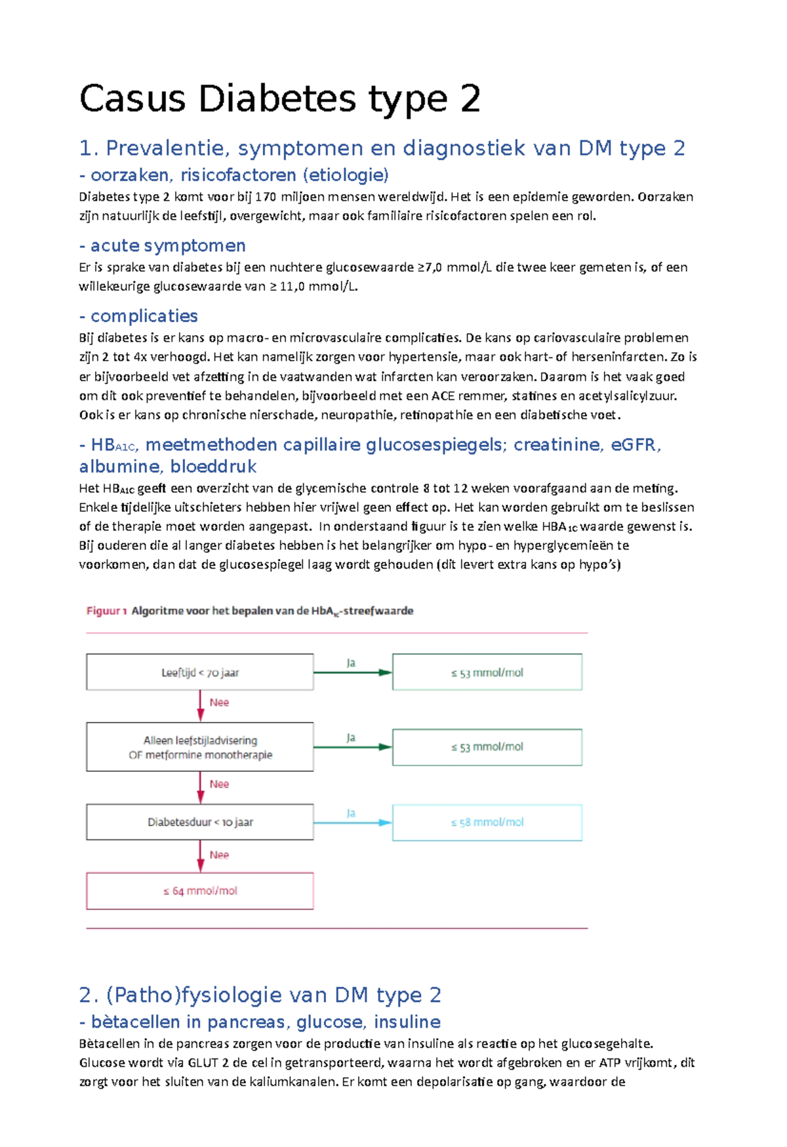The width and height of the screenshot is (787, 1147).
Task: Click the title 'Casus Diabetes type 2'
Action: [x=280, y=99]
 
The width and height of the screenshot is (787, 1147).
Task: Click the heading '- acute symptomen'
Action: [x=162, y=245]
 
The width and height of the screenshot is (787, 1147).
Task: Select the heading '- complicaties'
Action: [x=138, y=316]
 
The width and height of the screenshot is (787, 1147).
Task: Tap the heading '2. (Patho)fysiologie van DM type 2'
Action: [x=260, y=995]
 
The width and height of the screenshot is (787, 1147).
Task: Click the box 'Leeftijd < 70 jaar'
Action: [x=200, y=672]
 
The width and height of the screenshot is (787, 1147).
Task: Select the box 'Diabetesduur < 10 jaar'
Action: [x=200, y=822]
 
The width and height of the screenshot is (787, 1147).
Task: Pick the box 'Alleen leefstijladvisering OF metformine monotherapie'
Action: [x=200, y=747]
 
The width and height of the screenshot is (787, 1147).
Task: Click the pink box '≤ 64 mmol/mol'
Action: [x=200, y=891]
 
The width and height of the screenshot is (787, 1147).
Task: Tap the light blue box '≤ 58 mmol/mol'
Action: [x=487, y=822]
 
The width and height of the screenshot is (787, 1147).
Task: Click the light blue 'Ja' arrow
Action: [x=352, y=822]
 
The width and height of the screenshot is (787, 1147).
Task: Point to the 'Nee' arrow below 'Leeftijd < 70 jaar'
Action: [x=201, y=705]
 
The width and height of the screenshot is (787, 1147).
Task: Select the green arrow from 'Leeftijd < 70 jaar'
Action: [x=352, y=672]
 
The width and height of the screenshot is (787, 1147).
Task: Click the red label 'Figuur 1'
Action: [x=106, y=611]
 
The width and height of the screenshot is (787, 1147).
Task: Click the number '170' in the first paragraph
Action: [x=266, y=197]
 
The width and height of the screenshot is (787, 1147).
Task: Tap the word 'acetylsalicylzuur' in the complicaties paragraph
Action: [x=626, y=395]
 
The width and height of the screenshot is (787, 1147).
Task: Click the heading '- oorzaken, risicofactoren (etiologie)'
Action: [x=233, y=175]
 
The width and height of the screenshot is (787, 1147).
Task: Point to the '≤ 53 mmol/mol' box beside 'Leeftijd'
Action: [x=487, y=672]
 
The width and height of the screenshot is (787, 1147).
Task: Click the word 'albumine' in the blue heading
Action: [x=120, y=466]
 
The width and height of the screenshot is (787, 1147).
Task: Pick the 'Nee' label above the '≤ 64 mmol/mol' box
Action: [x=219, y=855]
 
